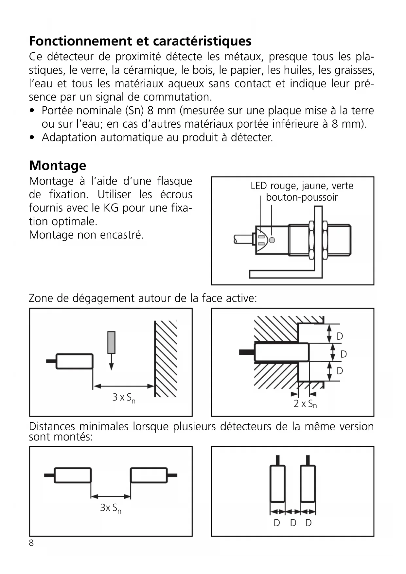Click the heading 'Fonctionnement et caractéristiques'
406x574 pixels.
140,41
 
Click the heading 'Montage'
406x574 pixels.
58,166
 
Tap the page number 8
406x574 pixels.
31,543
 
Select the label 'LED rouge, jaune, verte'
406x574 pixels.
302,186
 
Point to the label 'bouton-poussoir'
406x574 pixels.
301,197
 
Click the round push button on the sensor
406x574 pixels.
272,240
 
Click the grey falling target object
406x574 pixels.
111,343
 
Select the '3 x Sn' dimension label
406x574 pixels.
124,398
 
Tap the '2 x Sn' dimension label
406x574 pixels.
305,404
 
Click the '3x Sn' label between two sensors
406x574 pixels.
111,508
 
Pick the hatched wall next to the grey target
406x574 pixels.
166,359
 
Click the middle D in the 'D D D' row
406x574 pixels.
293,523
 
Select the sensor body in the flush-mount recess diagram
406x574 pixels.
281,352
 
